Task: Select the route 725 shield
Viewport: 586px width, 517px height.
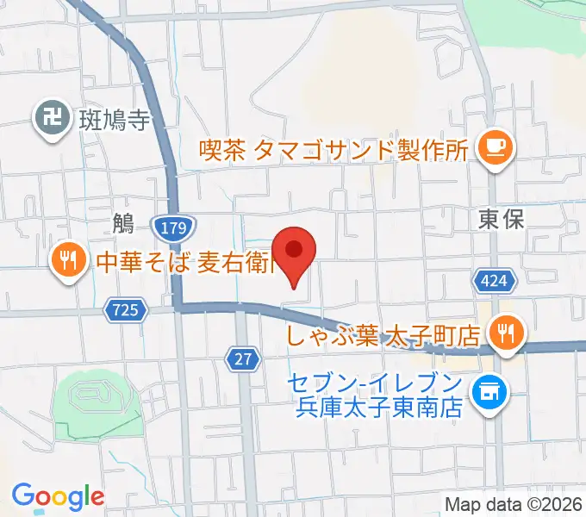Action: [126, 309]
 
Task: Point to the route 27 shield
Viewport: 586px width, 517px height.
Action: [245, 359]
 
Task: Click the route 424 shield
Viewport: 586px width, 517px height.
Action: [495, 279]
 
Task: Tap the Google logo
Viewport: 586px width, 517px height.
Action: [58, 496]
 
